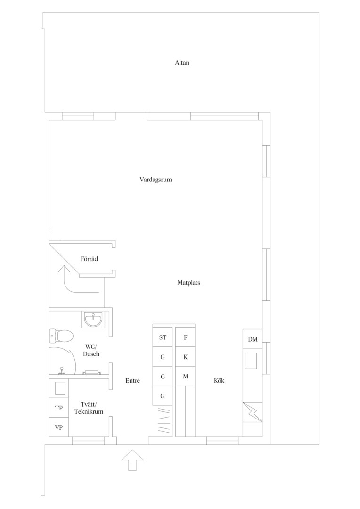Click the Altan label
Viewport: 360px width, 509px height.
click(182, 63)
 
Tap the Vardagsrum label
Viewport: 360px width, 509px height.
click(156, 180)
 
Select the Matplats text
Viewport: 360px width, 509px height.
click(188, 283)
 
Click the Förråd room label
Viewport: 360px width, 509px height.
click(89, 259)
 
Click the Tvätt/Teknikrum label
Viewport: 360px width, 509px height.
click(89, 408)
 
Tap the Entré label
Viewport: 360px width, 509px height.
click(132, 381)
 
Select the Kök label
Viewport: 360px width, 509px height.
click(219, 381)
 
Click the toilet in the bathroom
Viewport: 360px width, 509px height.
click(61, 336)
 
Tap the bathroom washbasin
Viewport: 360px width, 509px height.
click(93, 319)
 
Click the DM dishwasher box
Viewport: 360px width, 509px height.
click(253, 339)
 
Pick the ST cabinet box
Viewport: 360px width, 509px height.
click(163, 337)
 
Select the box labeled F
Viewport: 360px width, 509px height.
click(185, 337)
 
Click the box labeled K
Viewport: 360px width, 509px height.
click(185, 357)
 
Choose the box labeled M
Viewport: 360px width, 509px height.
click(185, 376)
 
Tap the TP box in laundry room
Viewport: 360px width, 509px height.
click(59, 408)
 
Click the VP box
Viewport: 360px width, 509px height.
click(59, 427)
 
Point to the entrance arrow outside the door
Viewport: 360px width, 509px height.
click(132, 460)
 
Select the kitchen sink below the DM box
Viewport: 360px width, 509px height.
click(251, 361)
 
